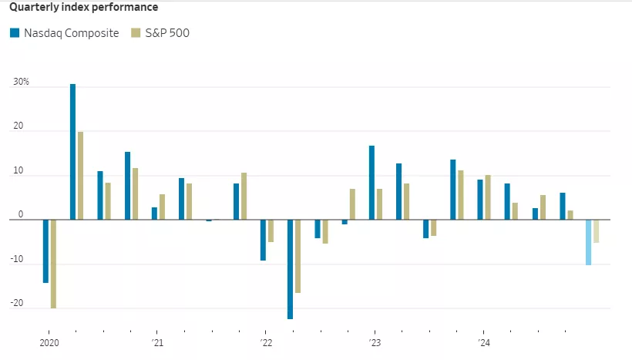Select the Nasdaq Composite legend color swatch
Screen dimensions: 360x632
tap(14, 33)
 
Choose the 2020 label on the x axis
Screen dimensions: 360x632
tap(49, 342)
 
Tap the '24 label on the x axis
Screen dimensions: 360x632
tap(482, 342)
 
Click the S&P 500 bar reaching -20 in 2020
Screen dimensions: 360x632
tap(53, 264)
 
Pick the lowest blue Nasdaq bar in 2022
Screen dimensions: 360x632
tap(290, 269)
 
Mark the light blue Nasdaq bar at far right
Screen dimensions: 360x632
tap(589, 242)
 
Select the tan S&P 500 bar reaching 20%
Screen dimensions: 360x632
tap(80, 176)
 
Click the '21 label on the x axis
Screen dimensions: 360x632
tap(156, 342)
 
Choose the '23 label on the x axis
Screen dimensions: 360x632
tap(374, 342)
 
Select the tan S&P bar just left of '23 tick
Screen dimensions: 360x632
tap(352, 204)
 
